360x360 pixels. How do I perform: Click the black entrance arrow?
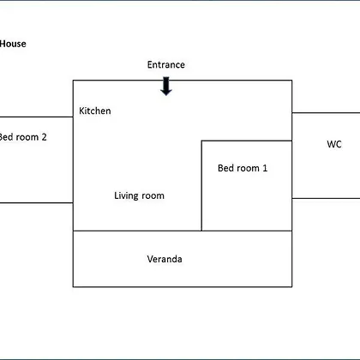166,86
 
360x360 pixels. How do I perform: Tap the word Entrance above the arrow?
166,64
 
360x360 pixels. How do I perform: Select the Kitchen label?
95,111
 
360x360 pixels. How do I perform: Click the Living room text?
139,195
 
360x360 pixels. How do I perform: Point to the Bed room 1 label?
243,168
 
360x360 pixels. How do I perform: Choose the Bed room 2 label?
23,137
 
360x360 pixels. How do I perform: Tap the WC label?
334,144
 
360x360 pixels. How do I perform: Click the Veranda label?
165,259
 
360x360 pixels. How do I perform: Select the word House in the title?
13,44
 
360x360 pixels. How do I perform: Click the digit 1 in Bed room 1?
265,168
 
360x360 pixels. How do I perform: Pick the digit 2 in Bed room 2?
44,137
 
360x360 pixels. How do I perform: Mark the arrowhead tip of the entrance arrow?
166,95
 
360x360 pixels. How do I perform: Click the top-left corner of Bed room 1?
201,141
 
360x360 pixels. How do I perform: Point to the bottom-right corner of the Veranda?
291,286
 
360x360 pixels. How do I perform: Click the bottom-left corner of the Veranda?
74,286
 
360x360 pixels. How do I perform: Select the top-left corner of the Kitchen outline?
74,81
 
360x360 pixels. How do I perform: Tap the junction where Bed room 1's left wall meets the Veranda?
201,231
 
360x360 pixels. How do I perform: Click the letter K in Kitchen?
81,111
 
